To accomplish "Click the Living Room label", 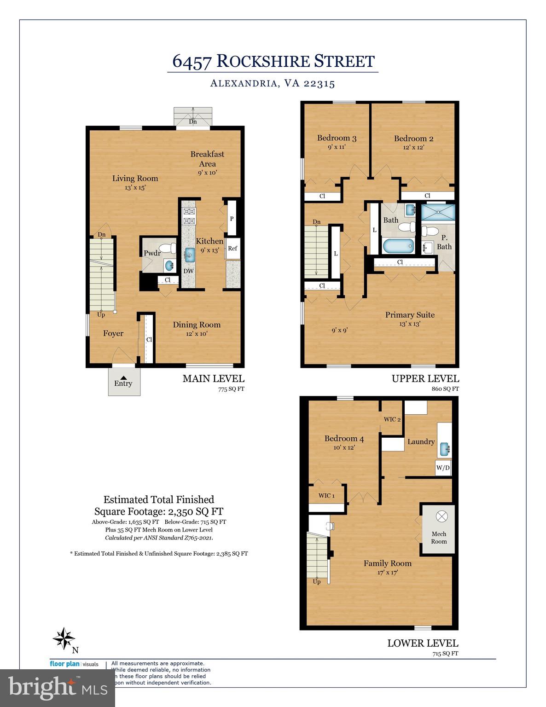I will pos(135,179).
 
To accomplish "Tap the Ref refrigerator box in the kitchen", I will pos(232,249).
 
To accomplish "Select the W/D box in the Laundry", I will pos(443,468).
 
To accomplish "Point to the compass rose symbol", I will pos(64,639).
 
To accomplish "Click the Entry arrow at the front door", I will pos(123,377).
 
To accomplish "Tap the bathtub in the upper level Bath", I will pos(398,246).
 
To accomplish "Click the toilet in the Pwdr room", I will pos(171,249).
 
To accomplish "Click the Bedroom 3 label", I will pos(337,138).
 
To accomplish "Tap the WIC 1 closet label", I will pos(326,496).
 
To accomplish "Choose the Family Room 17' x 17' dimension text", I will pos(387,573).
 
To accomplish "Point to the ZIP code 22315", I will pos(319,84).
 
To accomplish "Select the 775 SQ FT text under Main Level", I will pos(231,389).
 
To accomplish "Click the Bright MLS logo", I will pos(58,687).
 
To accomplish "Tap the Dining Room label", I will pos(197,325).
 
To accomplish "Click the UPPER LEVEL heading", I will pos(425,379).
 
